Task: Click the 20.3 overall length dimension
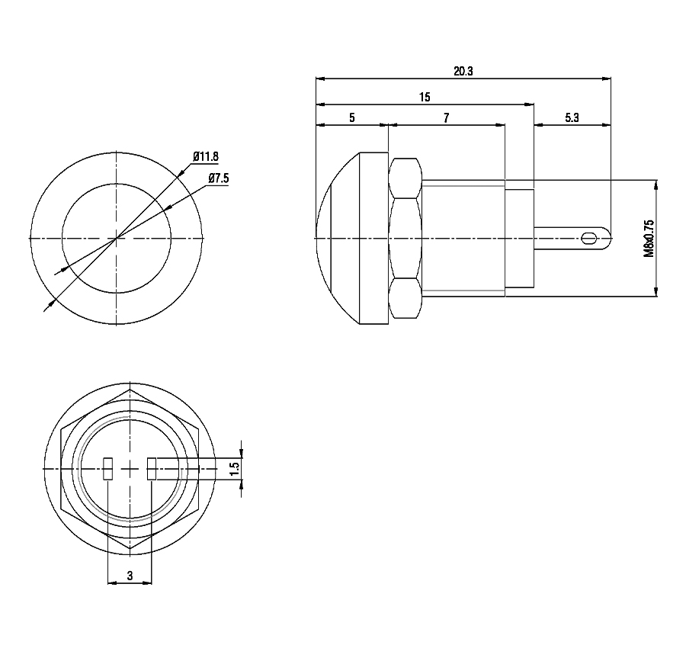[463, 71]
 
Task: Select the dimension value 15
[425, 97]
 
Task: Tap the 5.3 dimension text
[572, 117]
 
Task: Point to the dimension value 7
[446, 117]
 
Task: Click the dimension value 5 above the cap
[351, 117]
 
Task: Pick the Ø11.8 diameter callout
[206, 156]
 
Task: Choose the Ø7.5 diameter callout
[218, 178]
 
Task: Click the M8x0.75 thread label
[649, 239]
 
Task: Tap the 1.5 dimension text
[235, 469]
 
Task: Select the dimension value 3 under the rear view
[130, 576]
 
